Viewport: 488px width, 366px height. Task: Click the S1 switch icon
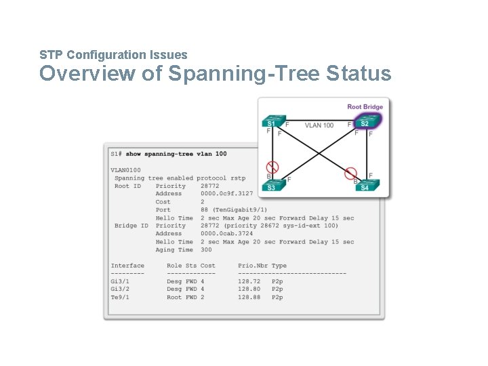pyautogui.click(x=271, y=123)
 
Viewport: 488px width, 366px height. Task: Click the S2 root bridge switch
pyautogui.click(x=365, y=123)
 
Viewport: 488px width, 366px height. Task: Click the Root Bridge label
pyautogui.click(x=365, y=106)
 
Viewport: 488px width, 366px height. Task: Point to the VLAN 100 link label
pyautogui.click(x=319, y=125)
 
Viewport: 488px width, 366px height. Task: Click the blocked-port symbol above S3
pyautogui.click(x=272, y=167)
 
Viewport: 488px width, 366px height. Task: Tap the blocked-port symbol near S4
pyautogui.click(x=350, y=173)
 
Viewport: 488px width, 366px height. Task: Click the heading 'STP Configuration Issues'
pyautogui.click(x=113, y=54)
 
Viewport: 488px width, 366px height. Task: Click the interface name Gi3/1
pyautogui.click(x=119, y=281)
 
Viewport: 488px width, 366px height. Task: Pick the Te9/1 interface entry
pyautogui.click(x=119, y=298)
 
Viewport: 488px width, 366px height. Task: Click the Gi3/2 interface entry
pyautogui.click(x=119, y=289)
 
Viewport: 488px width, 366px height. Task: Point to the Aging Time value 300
pyautogui.click(x=206, y=250)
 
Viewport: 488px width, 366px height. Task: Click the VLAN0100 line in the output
pyautogui.click(x=126, y=169)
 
